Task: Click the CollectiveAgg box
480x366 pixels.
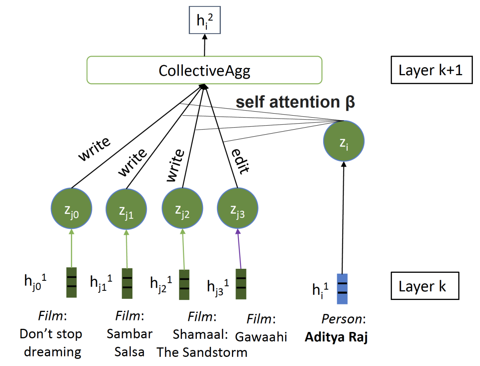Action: tap(204, 70)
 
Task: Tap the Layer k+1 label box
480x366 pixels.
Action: tap(432, 70)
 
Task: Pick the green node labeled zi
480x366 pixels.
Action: tap(344, 140)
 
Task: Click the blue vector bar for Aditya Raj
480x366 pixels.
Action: tap(342, 289)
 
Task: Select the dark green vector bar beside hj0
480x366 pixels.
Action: tap(71, 282)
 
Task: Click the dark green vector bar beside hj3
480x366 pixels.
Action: tap(241, 284)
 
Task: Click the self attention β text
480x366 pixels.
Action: tap(295, 102)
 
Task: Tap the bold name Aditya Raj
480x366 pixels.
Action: tap(336, 337)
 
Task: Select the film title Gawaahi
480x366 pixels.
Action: tap(261, 336)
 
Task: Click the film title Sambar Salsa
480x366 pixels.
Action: tap(129, 343)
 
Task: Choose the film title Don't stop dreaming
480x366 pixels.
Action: tap(51, 343)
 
